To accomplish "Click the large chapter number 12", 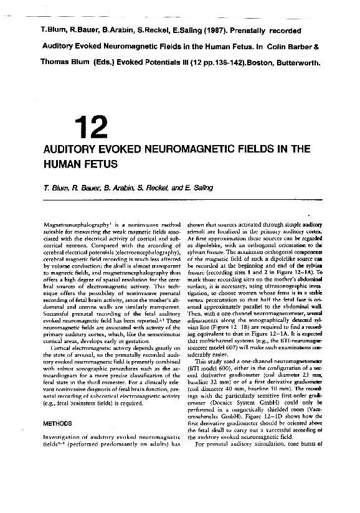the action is point(91,127).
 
